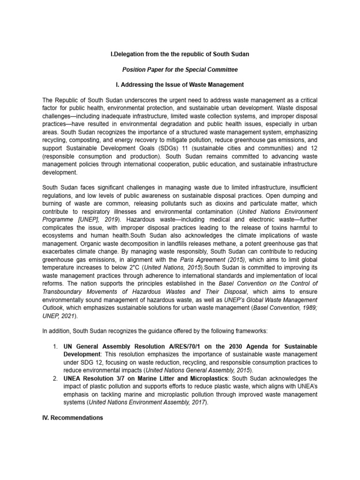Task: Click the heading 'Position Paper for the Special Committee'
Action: [x=180, y=69]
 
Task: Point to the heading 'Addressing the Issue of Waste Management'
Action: [x=183, y=84]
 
